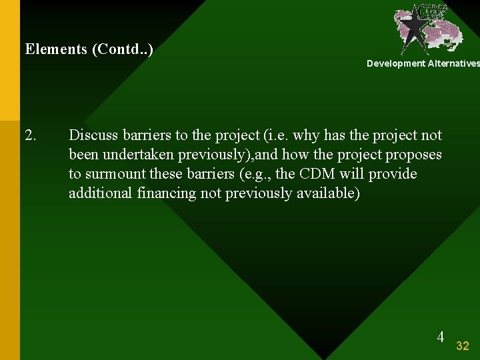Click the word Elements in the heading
[x=56, y=49]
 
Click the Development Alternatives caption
[x=423, y=63]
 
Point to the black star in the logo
[x=413, y=27]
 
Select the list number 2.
[x=31, y=135]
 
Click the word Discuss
[x=93, y=135]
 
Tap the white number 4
[x=440, y=337]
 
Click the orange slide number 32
[x=463, y=345]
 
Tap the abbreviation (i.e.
[x=276, y=135]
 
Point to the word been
[x=83, y=155]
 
